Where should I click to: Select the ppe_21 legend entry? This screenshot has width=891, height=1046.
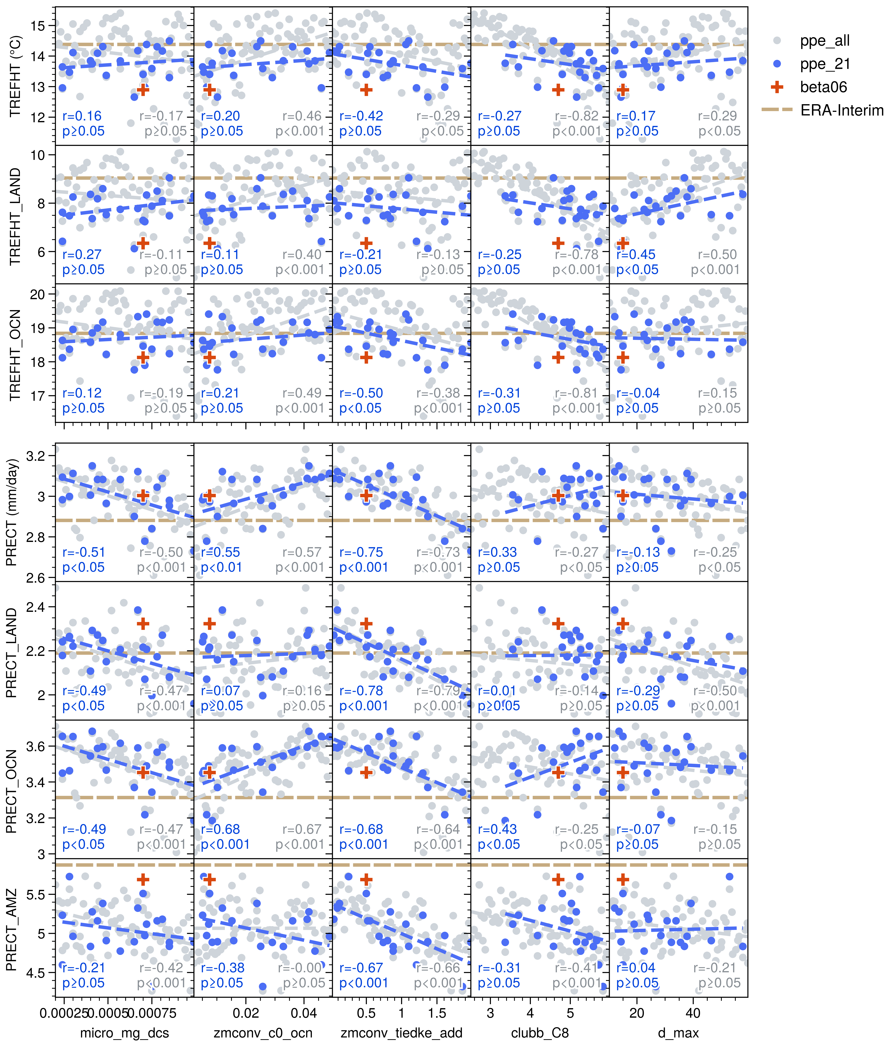point(824,64)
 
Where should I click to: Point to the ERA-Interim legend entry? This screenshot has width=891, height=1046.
point(842,111)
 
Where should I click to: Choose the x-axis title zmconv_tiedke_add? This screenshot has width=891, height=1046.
point(402,1033)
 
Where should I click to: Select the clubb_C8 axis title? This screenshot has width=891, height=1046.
point(540,1033)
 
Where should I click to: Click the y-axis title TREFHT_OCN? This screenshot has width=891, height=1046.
point(15,355)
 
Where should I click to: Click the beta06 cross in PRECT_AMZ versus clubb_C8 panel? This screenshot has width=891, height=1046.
point(558,879)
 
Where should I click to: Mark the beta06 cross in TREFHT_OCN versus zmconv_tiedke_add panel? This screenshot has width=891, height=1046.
point(366,357)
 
